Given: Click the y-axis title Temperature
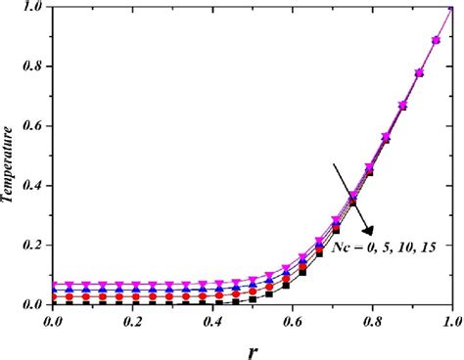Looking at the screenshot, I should click(x=11, y=154).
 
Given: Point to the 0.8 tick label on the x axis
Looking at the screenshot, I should click(x=372, y=320).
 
